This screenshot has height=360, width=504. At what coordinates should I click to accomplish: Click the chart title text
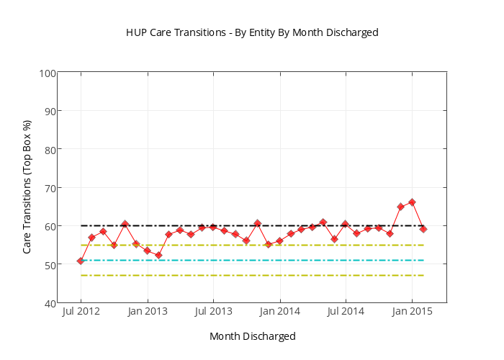click(252, 32)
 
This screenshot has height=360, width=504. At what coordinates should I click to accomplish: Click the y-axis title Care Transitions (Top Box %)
click(27, 188)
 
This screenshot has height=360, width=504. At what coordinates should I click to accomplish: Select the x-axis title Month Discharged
click(252, 336)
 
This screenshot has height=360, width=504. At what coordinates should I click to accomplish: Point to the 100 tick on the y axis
click(48, 73)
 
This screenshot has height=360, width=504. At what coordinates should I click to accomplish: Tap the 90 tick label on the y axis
click(49, 111)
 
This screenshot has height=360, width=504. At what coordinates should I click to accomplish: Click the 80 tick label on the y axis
click(49, 149)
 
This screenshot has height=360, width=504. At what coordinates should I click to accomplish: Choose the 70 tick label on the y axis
click(49, 188)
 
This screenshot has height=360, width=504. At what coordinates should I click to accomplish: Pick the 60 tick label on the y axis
click(49, 226)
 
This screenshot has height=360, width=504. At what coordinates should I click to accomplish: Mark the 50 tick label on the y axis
click(49, 264)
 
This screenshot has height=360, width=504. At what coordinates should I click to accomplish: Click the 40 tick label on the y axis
click(49, 303)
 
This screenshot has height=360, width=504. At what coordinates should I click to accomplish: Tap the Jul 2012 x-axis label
click(81, 312)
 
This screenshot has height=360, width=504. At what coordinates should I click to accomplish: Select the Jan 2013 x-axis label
click(148, 312)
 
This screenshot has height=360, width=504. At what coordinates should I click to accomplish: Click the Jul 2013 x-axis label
click(213, 312)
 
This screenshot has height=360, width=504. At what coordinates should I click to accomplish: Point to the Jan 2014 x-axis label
click(279, 312)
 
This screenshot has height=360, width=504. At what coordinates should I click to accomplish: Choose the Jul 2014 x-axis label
click(346, 312)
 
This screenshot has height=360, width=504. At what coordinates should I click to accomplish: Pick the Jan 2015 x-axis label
click(412, 312)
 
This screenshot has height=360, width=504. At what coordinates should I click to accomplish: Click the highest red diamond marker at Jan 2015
click(412, 202)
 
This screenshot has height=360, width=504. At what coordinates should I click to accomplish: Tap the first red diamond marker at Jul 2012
click(81, 261)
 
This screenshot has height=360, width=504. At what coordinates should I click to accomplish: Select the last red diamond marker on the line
click(423, 229)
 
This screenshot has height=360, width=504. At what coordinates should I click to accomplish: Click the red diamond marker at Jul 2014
click(346, 224)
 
